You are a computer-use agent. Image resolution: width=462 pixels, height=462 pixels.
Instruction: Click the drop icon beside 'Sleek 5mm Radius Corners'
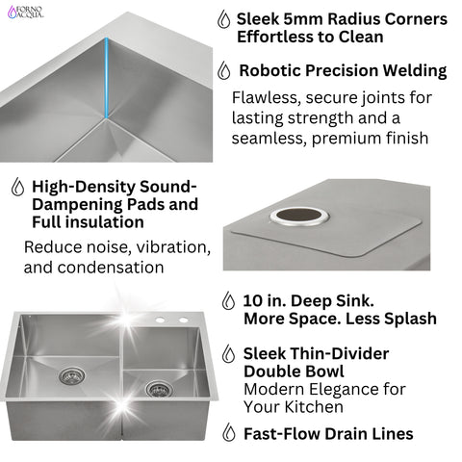click(x=224, y=19)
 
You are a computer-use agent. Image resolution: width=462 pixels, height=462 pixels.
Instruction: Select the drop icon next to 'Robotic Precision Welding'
click(x=224, y=70)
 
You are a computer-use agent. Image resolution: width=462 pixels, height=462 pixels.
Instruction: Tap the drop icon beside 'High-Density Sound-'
click(x=16, y=187)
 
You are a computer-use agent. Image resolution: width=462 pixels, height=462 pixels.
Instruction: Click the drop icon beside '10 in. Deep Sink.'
click(x=228, y=300)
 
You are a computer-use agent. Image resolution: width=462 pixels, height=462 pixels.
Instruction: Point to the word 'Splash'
click(x=406, y=319)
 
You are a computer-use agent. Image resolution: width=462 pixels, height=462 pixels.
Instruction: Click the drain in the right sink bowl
click(x=156, y=389)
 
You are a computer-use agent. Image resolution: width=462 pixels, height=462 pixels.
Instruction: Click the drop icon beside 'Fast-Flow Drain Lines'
click(x=228, y=433)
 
